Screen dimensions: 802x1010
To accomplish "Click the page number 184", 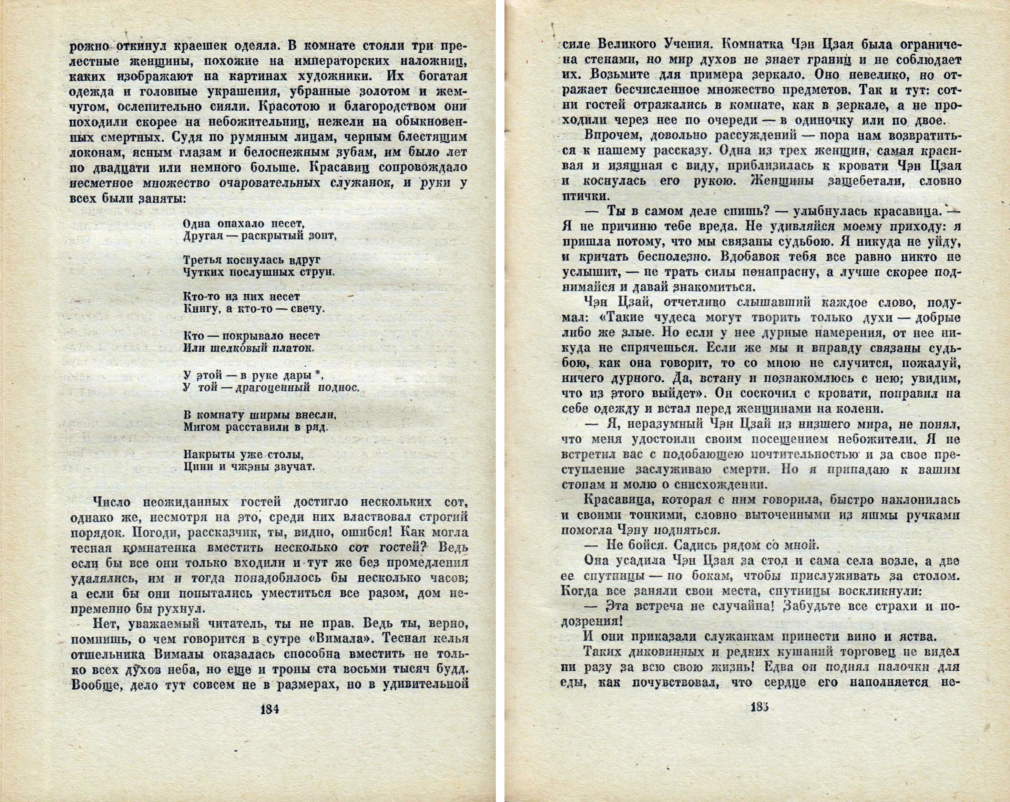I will coord(269,722).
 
